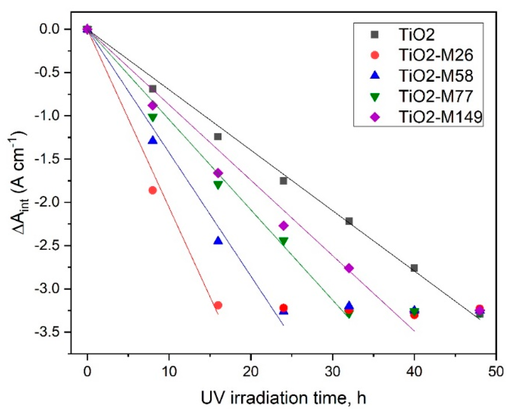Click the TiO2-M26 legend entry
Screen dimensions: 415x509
coord(436,55)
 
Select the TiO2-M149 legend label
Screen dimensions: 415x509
coord(440,117)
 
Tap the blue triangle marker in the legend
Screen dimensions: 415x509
coord(375,75)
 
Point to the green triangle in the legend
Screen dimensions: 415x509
coord(375,97)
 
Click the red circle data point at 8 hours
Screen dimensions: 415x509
coord(153,190)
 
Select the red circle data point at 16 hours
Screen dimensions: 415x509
coord(218,305)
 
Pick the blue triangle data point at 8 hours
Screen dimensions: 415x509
coord(153,140)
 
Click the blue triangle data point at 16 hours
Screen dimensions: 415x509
coord(218,241)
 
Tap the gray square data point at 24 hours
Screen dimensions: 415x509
coord(283,181)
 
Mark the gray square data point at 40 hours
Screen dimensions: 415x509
coord(414,268)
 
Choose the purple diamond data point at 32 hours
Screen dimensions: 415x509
coord(349,268)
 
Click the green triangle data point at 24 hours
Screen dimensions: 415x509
coord(283,241)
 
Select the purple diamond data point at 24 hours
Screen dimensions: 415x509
coord(283,226)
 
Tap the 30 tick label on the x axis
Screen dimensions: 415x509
coord(333,371)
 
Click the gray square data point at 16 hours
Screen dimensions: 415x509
coord(218,137)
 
